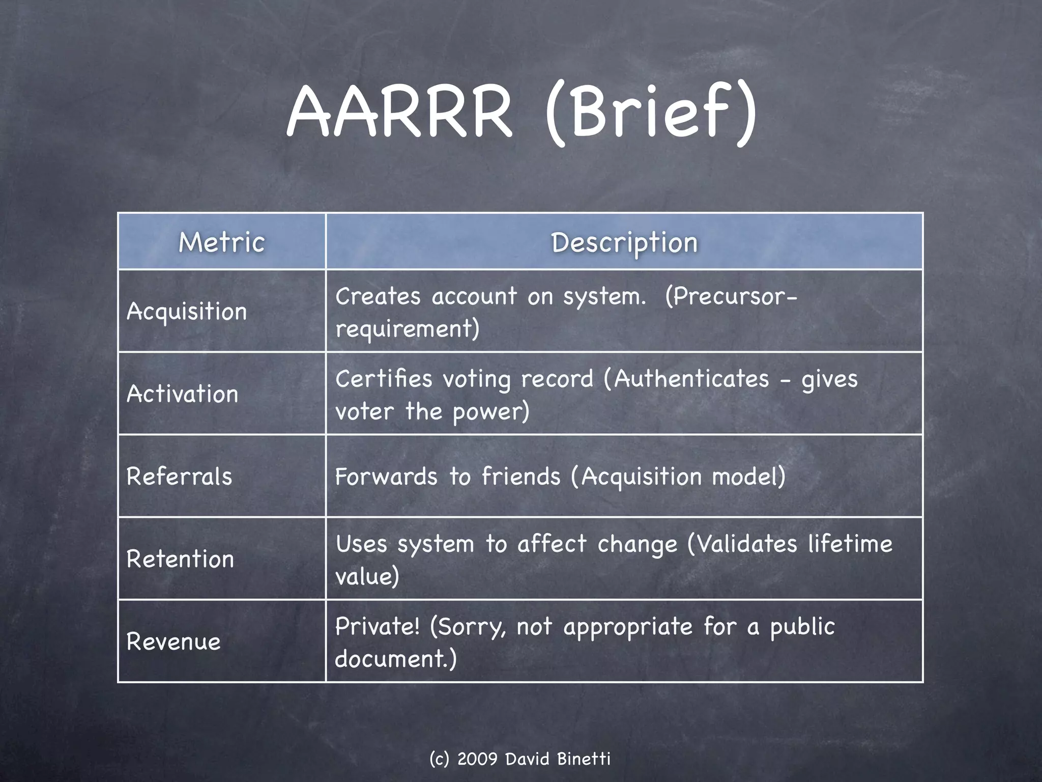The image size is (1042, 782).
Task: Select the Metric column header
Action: click(222, 242)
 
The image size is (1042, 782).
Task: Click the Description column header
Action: click(624, 242)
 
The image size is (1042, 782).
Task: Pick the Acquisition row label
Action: click(187, 312)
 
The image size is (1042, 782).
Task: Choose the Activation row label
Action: click(182, 394)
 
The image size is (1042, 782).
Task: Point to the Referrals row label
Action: click(179, 477)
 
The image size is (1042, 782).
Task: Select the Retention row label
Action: click(180, 559)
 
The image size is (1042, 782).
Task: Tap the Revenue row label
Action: click(173, 641)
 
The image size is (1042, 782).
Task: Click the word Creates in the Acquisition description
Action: click(378, 296)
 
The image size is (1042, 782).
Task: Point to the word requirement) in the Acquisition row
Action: click(407, 329)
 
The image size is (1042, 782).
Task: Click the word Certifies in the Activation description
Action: click(383, 379)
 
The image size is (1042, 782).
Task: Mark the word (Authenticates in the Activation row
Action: click(686, 379)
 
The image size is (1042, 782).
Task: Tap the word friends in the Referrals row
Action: click(521, 477)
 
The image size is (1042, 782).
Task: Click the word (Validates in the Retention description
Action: click(742, 544)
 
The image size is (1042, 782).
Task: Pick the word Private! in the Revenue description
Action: click(378, 627)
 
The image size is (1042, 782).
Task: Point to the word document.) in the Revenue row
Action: click(396, 659)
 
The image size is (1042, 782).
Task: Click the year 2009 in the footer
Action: click(477, 759)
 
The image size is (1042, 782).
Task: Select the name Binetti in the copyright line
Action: click(584, 759)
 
